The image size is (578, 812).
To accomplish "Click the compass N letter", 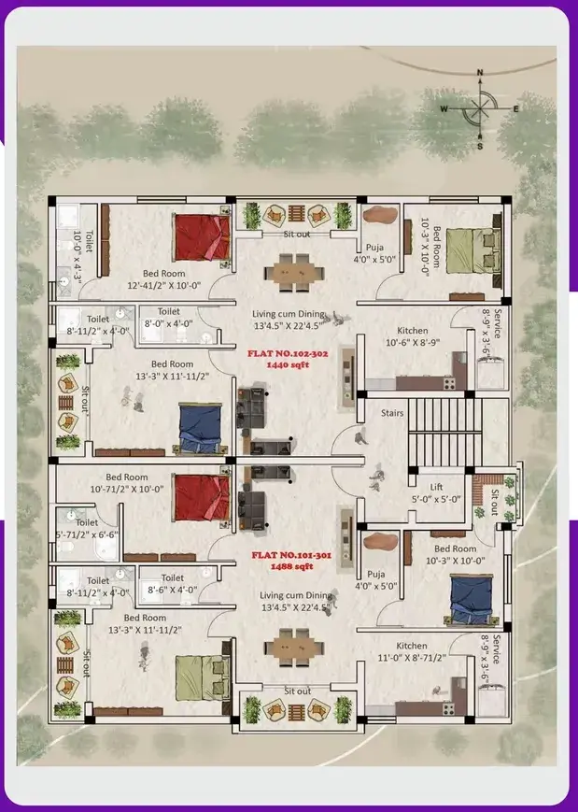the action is (x=480, y=73).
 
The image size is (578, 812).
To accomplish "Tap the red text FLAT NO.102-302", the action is (x=288, y=354).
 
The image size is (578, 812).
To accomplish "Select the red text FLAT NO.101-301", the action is (x=292, y=555).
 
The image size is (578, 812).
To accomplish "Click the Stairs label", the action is (x=392, y=413).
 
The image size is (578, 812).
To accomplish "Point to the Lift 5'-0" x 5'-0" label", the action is (x=436, y=493).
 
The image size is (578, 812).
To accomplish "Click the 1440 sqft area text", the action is (x=288, y=365).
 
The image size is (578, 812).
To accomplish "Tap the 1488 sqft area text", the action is (x=292, y=566).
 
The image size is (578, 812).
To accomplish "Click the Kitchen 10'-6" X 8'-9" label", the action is (x=413, y=336).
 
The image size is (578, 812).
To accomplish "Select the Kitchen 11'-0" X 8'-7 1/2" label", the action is (x=412, y=651).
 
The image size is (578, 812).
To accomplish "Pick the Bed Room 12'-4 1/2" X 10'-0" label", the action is (x=164, y=279).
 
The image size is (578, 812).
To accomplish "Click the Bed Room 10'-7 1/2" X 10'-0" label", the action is (x=127, y=483).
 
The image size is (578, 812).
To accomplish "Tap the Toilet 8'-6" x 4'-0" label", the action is (x=173, y=584).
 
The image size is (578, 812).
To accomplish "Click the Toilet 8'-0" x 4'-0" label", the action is (x=169, y=317).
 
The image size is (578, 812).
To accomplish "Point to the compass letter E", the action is (x=516, y=108).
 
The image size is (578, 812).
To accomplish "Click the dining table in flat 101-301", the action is (x=294, y=648).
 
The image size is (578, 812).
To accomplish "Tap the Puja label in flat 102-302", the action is (x=374, y=248).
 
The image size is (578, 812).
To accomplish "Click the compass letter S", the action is (x=480, y=147).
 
